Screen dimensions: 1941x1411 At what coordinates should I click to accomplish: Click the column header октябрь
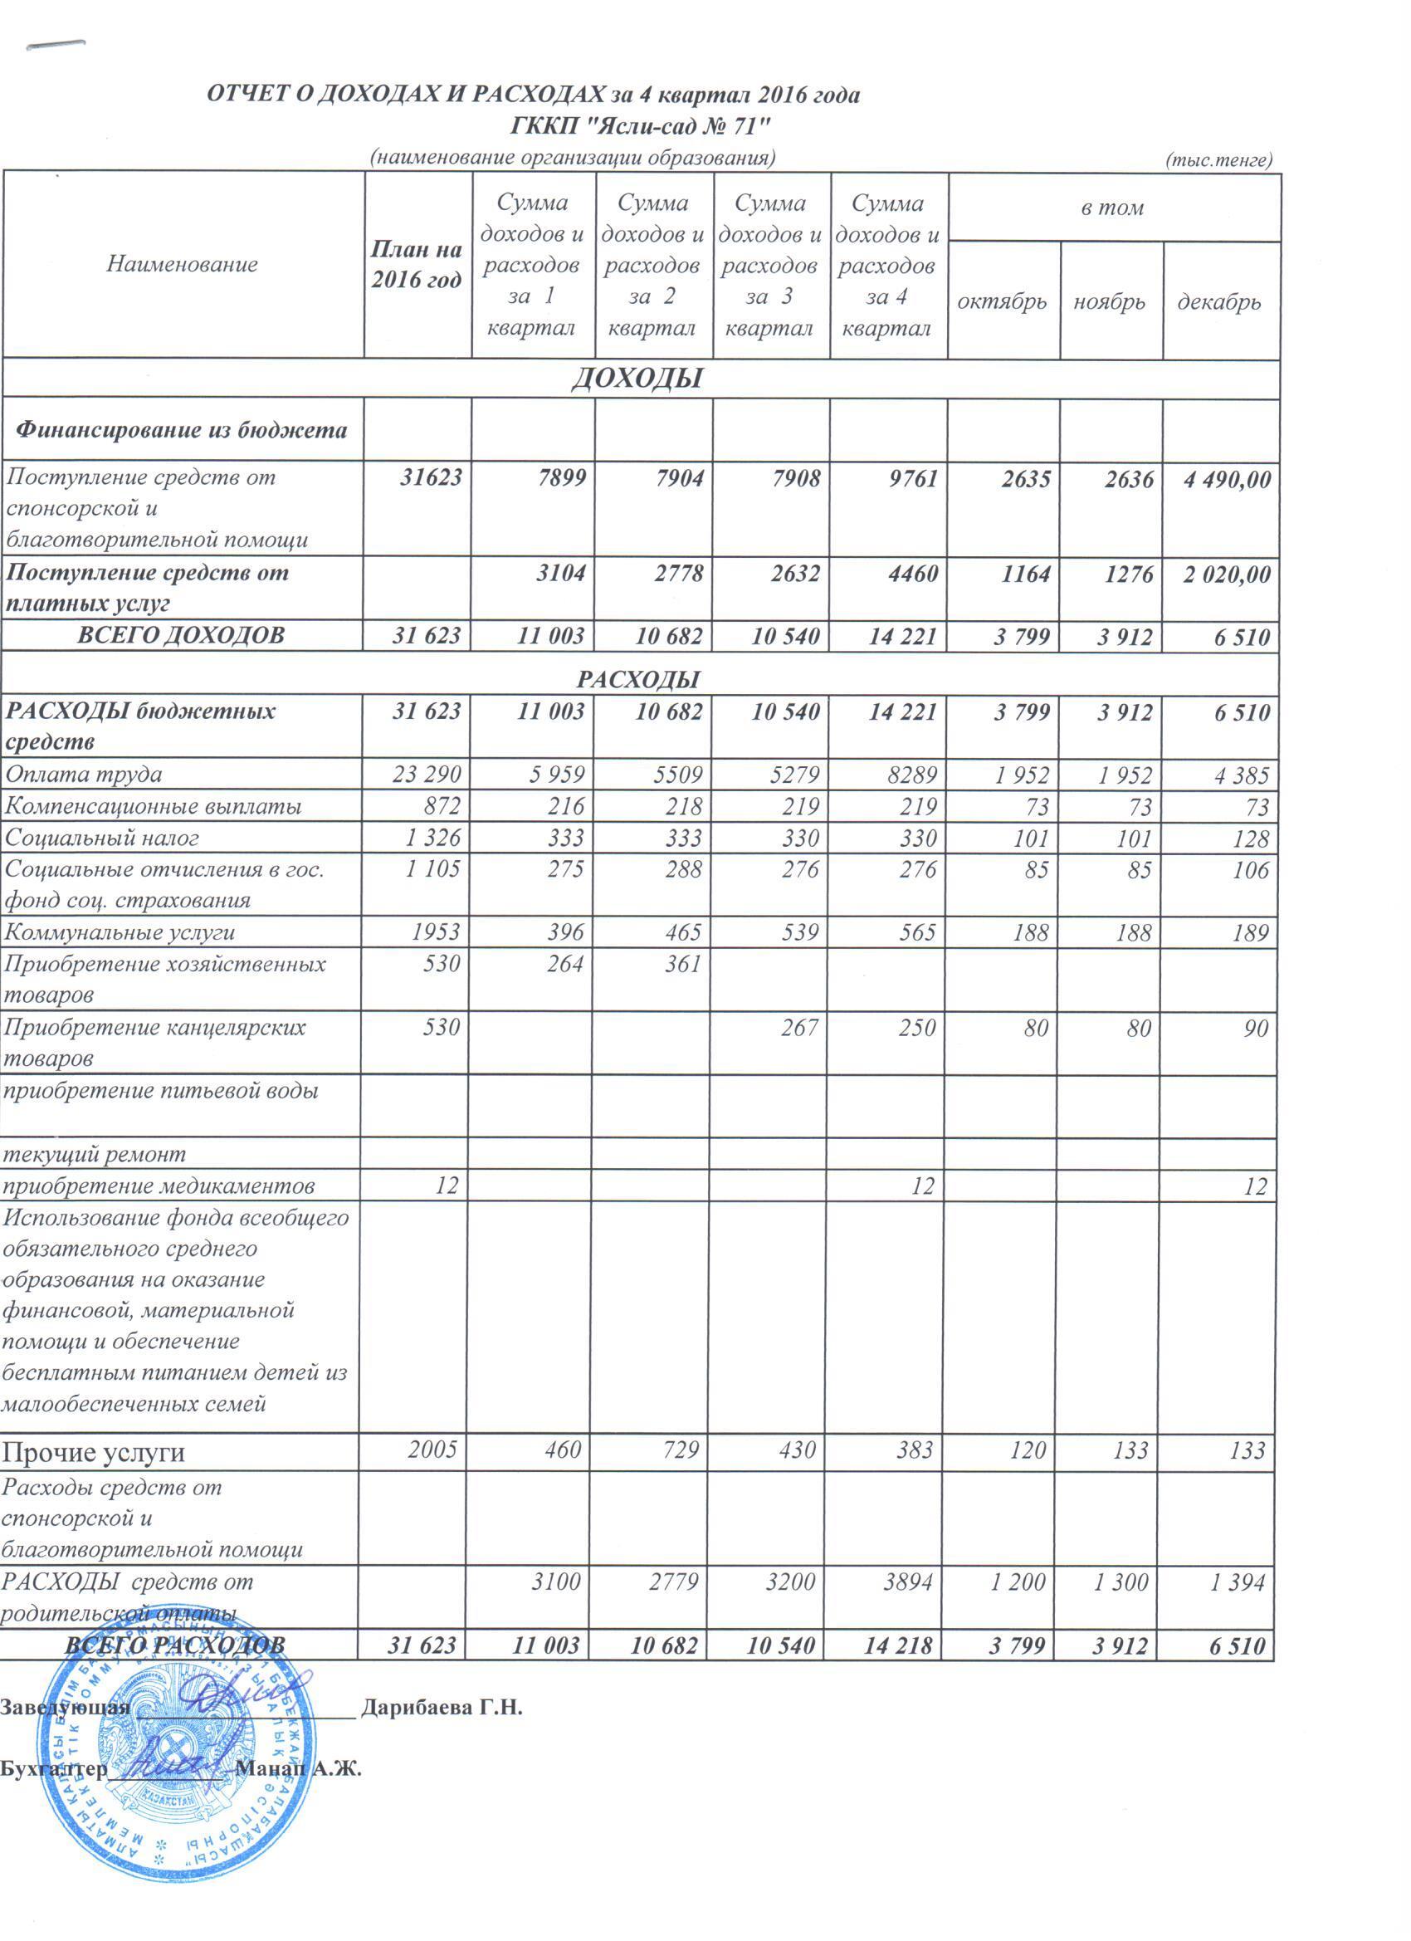1002,301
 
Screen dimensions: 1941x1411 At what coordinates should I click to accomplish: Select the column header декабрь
1219,301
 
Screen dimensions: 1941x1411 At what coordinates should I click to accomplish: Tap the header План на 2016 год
417,265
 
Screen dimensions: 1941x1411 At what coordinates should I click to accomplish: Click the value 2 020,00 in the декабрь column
1225,574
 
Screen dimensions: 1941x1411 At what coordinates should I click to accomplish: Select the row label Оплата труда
84,775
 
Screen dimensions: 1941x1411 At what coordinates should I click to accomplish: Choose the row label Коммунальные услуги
120,933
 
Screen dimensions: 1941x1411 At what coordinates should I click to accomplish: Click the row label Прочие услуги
94,1452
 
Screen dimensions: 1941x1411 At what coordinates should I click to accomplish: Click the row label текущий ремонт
94,1155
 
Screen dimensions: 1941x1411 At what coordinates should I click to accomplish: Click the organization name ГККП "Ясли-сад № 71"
640,127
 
